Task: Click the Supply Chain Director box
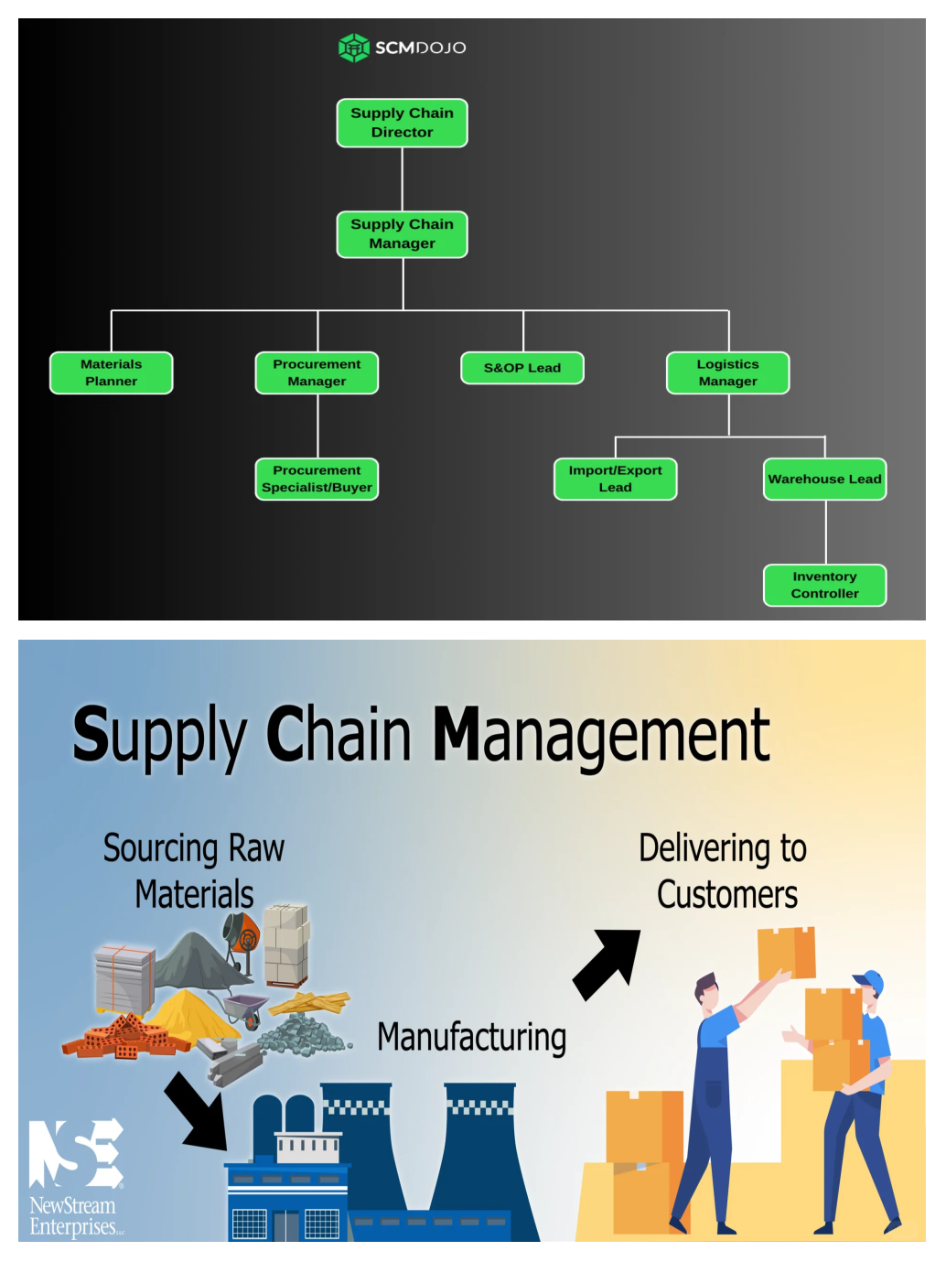[402, 123]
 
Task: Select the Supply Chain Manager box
[402, 234]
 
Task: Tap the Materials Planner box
[111, 372]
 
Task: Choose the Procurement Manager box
[317, 372]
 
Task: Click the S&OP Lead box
[521, 368]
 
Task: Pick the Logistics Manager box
[727, 372]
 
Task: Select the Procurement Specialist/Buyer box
[317, 479]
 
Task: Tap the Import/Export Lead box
[615, 479]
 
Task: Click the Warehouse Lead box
[824, 479]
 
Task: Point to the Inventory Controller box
[824, 585]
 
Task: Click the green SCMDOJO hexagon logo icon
[353, 48]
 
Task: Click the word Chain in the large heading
[339, 735]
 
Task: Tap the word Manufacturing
[471, 1038]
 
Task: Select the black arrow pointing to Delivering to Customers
[607, 964]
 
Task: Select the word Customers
[727, 895]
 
